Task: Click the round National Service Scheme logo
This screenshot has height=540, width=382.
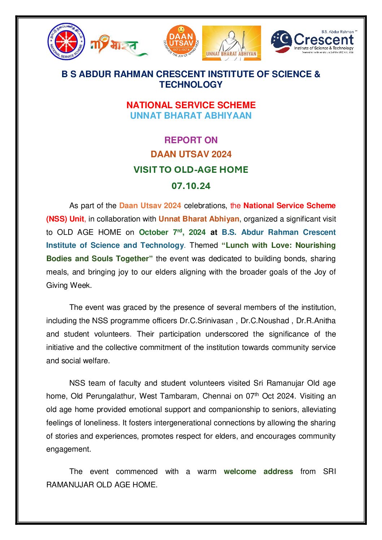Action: [x=66, y=41]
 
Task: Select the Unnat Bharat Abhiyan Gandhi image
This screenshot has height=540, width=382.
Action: [x=231, y=43]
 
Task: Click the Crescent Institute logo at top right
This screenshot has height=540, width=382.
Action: [x=313, y=42]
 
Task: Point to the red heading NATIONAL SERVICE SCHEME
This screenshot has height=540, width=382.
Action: [x=191, y=105]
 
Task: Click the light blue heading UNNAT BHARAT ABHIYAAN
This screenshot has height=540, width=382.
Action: [x=191, y=115]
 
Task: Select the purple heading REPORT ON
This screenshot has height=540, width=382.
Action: [x=191, y=140]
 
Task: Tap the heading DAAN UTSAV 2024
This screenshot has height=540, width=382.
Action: [x=191, y=154]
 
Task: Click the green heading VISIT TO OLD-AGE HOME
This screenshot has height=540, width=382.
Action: [x=191, y=170]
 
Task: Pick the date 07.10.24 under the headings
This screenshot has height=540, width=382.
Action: [x=191, y=186]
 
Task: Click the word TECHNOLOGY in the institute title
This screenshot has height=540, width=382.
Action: [x=191, y=84]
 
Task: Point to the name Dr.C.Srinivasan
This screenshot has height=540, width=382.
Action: [x=206, y=321]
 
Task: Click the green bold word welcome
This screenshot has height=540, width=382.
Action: [x=240, y=471]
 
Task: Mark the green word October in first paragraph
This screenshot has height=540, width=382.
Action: [x=153, y=232]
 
